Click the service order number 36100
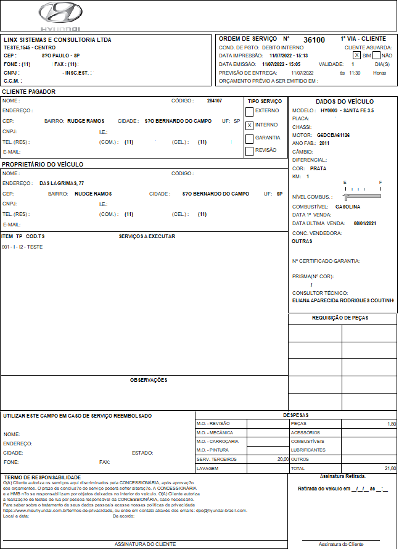click(314, 39)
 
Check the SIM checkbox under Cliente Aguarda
click(357, 55)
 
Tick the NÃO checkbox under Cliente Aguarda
click(376, 55)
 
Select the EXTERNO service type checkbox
click(249, 111)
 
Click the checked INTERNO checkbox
click(249, 125)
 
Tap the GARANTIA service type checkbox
click(249, 138)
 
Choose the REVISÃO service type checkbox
click(249, 151)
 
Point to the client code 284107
click(215, 101)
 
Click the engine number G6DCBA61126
click(334, 134)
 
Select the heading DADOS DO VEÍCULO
click(344, 102)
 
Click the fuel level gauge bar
click(363, 196)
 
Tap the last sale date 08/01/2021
click(364, 223)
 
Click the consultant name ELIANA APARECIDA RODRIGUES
click(343, 300)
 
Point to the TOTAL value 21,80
click(389, 469)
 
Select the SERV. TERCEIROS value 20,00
click(282, 460)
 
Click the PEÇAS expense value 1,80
click(391, 424)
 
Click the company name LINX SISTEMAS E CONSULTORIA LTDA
click(57, 39)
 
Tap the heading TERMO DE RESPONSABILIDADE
click(43, 477)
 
